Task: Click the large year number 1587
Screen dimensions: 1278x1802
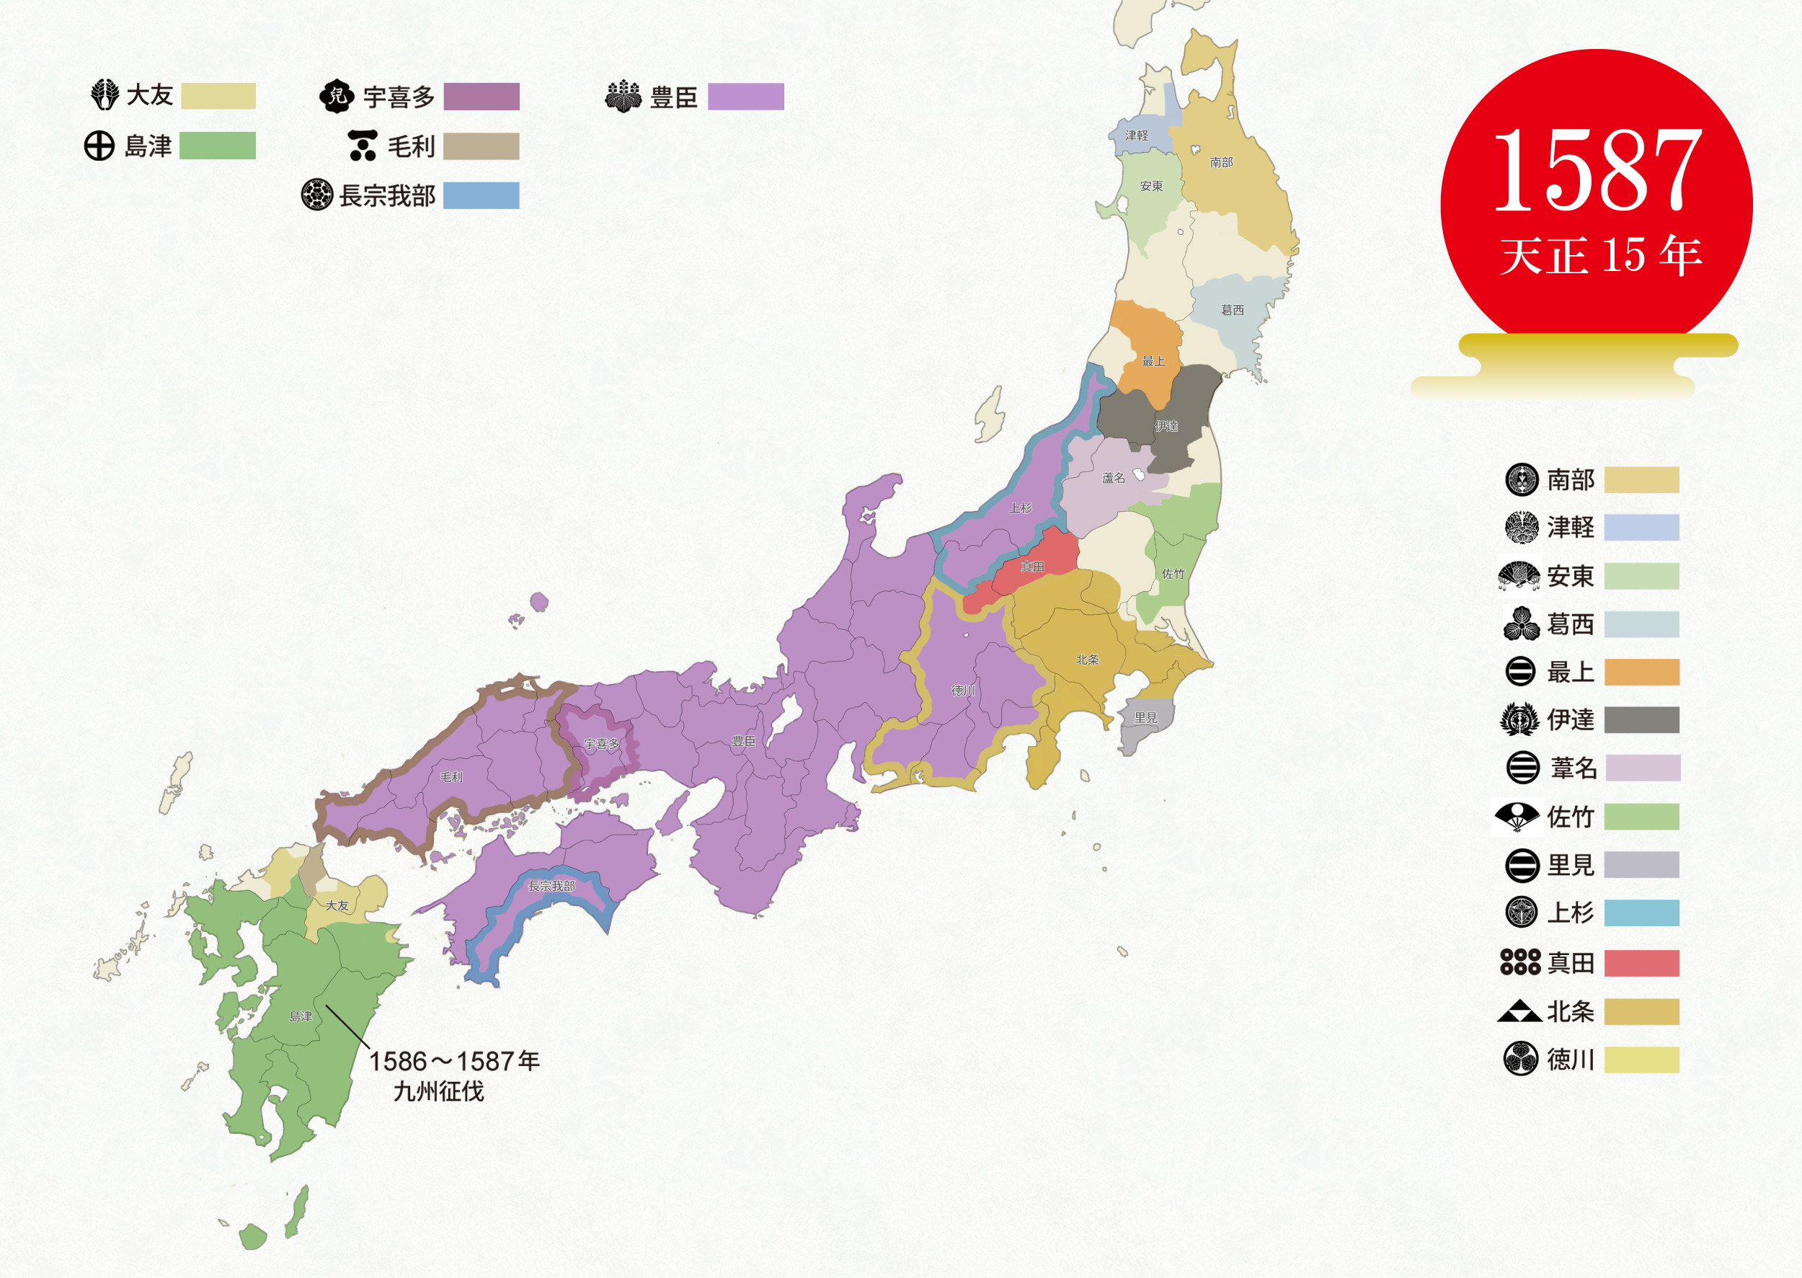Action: click(x=1597, y=172)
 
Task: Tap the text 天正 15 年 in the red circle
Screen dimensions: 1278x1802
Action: click(x=1601, y=256)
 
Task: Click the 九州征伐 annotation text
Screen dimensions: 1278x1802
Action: click(x=438, y=1091)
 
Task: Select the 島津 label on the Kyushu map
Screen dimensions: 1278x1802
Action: click(x=301, y=1016)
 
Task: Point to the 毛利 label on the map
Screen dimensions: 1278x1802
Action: click(x=451, y=777)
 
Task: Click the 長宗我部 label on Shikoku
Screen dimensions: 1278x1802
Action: click(x=551, y=886)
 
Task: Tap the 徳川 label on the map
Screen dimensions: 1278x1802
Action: click(x=963, y=690)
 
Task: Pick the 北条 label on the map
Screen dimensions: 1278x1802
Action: click(x=1088, y=660)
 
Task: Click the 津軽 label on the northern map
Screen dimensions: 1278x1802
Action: click(x=1135, y=136)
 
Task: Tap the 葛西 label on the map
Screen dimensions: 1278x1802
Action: click(x=1233, y=310)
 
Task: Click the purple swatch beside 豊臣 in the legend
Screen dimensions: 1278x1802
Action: click(x=745, y=97)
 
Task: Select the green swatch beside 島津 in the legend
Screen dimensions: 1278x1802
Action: click(x=217, y=146)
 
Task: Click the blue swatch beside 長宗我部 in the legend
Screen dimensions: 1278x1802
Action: click(x=481, y=195)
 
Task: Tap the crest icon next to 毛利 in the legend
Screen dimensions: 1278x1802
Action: click(x=363, y=146)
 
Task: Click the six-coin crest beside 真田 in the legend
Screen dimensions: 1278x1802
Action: click(x=1520, y=962)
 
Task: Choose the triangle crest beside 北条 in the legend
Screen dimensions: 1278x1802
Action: click(x=1519, y=1011)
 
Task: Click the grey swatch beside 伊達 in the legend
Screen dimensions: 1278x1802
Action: click(x=1641, y=719)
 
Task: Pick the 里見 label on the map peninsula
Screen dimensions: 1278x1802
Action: click(x=1146, y=718)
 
